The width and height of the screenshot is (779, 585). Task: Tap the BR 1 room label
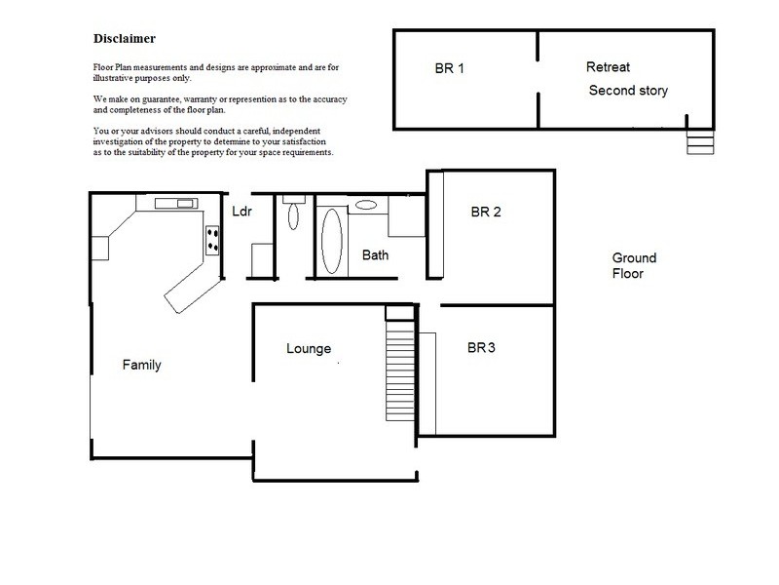(x=449, y=69)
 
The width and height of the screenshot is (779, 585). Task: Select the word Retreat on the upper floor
(x=609, y=67)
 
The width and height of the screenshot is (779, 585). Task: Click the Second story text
(x=628, y=91)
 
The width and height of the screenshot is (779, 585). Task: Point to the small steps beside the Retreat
(x=700, y=142)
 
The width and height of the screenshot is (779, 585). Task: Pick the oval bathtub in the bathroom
(x=332, y=240)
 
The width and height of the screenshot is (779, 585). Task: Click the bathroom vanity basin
(x=367, y=205)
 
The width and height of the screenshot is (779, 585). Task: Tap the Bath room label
(x=376, y=256)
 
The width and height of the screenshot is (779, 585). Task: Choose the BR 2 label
(x=485, y=212)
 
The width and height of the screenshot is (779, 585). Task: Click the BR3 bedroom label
(x=482, y=347)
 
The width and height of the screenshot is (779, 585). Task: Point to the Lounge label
(x=309, y=349)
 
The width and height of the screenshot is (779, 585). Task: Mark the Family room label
(x=141, y=366)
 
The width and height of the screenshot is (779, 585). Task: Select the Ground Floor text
(x=634, y=266)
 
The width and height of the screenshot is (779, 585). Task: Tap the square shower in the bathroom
(x=406, y=216)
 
